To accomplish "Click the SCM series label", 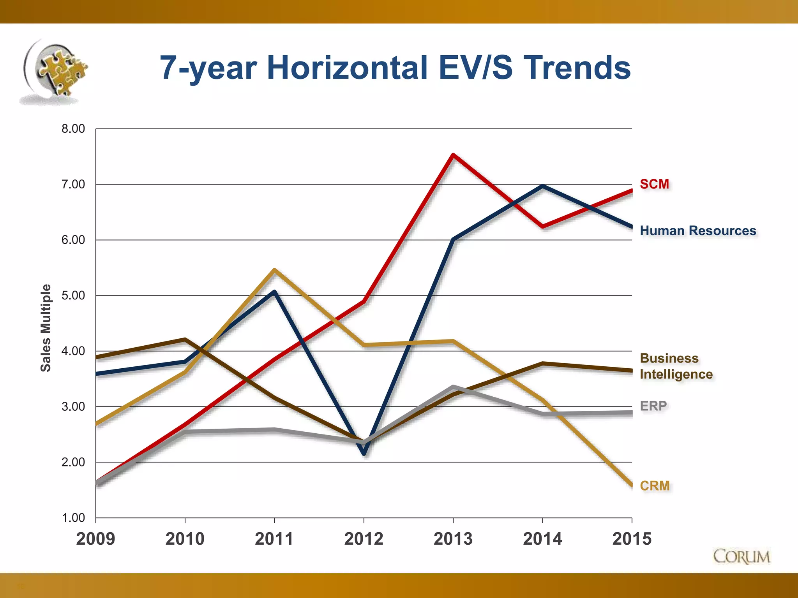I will (654, 184).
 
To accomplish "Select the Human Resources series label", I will (698, 230).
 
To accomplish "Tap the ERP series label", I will (653, 406).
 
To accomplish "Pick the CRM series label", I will (655, 485).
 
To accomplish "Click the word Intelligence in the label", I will (676, 374).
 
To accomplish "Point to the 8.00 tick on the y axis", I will (73, 129).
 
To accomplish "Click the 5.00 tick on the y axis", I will (73, 295).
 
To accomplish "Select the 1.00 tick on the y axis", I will (73, 518).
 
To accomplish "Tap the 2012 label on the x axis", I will (364, 539).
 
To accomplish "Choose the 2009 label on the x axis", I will (96, 539).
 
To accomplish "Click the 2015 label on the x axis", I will (632, 539).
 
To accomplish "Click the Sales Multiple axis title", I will (46, 328).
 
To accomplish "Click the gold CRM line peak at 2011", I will (274, 270).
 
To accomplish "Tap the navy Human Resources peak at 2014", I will (543, 186).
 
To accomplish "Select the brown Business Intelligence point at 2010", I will (185, 339).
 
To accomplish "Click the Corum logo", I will (742, 557).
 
